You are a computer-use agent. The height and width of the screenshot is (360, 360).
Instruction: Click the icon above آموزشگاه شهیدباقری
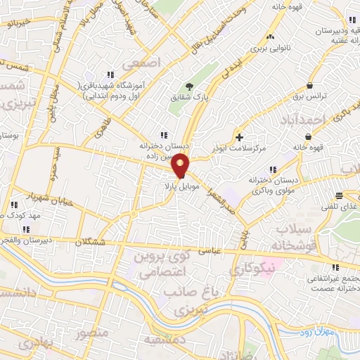coord(110,75)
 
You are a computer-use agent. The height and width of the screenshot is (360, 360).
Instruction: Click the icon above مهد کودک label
coord(13,205)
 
